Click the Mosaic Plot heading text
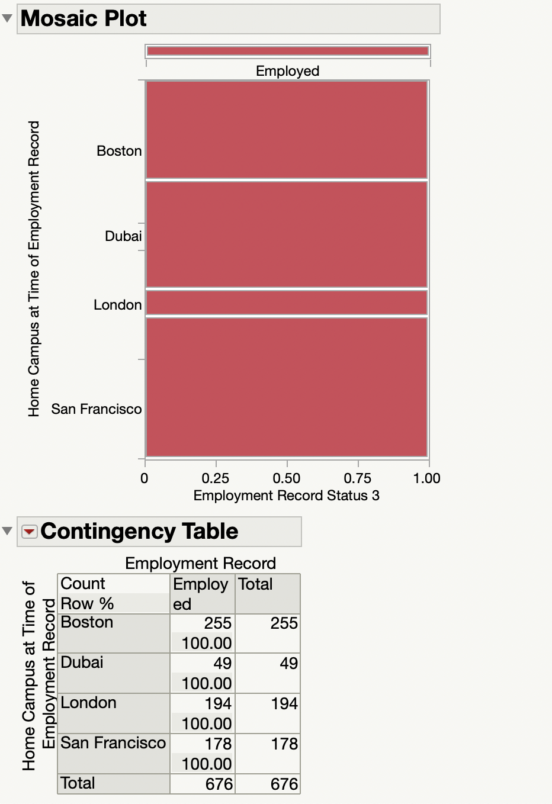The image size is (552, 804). point(84,18)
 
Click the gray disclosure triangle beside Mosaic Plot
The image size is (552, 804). point(7,18)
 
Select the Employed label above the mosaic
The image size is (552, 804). point(287,71)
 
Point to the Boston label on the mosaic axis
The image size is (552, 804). point(119,151)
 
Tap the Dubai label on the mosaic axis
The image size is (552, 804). point(123,236)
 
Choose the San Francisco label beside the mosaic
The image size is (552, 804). point(97,409)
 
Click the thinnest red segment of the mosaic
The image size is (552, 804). point(287,303)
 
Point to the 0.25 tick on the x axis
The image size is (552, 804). point(216,478)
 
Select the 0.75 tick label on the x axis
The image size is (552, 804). point(358,478)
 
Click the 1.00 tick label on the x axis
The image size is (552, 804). point(426,478)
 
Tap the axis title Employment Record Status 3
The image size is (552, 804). point(287,496)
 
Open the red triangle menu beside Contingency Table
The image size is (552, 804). point(29,532)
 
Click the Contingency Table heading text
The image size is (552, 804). point(139,531)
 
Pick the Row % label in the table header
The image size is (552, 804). point(87,603)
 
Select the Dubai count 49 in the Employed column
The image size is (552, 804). point(222,663)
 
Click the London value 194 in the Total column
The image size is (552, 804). point(284,703)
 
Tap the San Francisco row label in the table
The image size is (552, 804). point(113,742)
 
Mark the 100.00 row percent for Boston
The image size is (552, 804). point(207,643)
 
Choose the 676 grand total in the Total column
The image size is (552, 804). point(284,784)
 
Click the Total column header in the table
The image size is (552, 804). point(255,584)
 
